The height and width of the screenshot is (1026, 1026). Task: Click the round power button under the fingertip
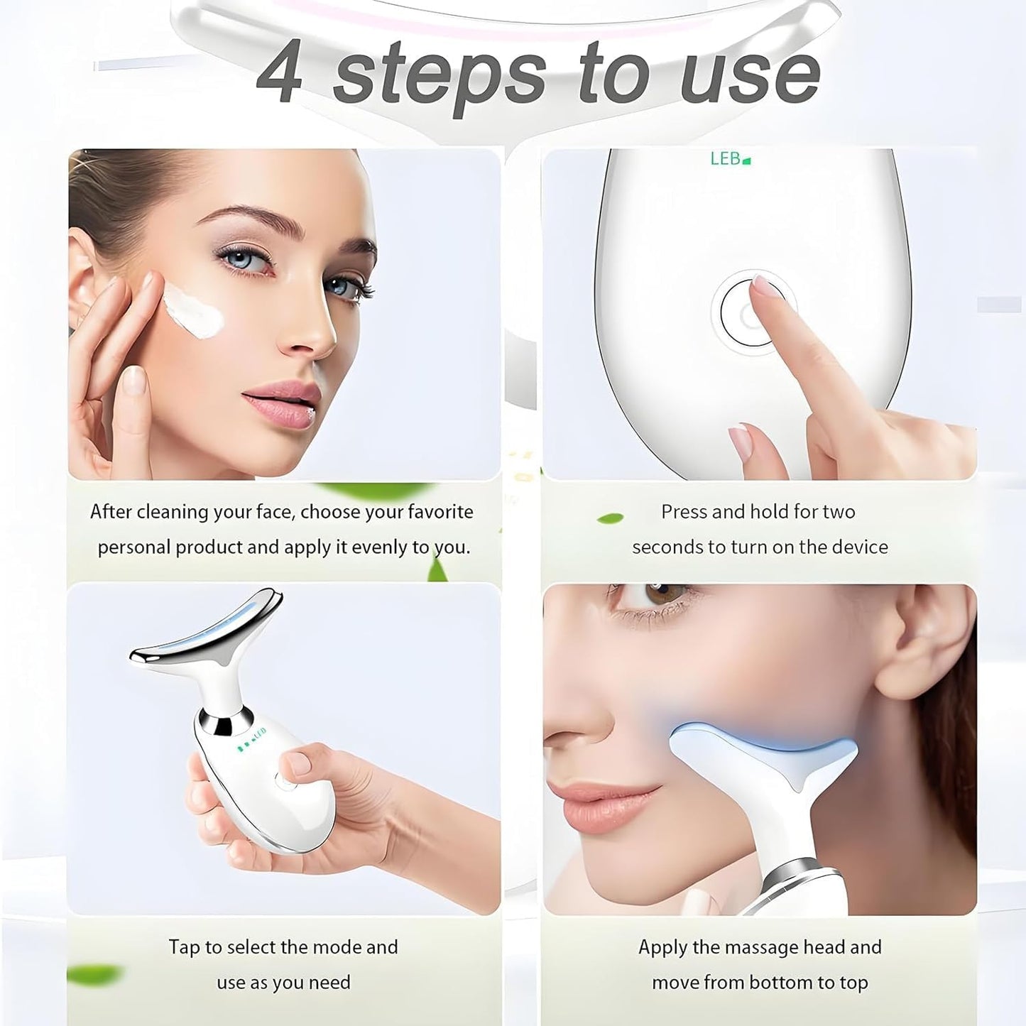(750, 313)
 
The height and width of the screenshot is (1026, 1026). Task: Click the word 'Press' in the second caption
(684, 512)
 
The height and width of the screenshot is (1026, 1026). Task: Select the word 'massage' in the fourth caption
(748, 947)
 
